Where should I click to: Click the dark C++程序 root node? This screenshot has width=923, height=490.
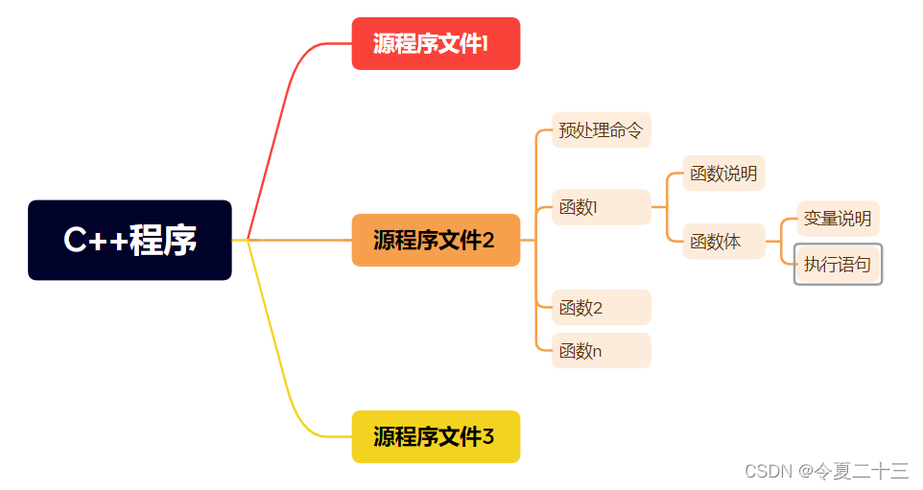pos(130,240)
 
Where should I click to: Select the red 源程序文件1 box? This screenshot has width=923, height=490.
pos(436,43)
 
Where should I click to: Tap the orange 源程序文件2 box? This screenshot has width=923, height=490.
pos(436,240)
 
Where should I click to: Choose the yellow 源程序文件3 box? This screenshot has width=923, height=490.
pos(436,436)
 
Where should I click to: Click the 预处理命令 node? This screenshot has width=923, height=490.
pos(601,130)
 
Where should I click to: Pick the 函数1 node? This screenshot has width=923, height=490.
pos(601,207)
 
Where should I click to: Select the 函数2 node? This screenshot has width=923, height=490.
pos(601,308)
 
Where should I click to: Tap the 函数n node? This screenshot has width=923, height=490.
pos(601,351)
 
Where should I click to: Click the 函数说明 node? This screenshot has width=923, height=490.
pos(723,174)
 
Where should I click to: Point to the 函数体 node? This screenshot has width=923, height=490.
pos(723,242)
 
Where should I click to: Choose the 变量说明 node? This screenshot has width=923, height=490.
pos(838,219)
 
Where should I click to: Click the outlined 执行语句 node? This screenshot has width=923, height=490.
pos(838,265)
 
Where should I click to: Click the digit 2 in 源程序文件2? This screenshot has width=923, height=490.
pos(488,241)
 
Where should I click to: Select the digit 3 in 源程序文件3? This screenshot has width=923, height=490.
pos(488,437)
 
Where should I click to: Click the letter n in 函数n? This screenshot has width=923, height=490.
pos(597,352)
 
